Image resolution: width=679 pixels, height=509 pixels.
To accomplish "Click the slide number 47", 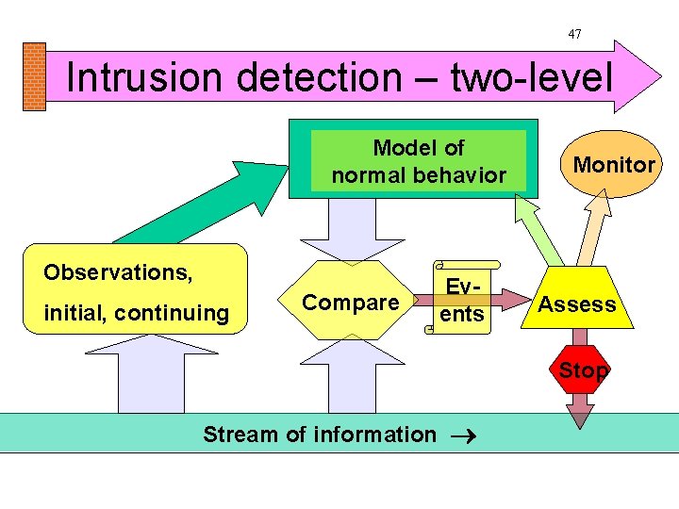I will [574, 34].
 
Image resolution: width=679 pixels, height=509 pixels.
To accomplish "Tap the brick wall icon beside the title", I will [33, 76].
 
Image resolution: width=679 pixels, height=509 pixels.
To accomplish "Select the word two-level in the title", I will [532, 77].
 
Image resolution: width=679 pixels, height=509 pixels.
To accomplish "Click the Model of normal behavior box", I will [419, 161].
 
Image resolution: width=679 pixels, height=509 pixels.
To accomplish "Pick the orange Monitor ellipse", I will [614, 165].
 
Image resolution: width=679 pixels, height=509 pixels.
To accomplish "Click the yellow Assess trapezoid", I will [577, 304].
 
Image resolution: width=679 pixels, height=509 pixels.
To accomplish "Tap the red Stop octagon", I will [583, 370].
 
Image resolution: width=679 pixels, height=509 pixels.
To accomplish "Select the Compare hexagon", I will [351, 303].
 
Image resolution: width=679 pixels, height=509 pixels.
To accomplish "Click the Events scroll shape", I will [462, 300].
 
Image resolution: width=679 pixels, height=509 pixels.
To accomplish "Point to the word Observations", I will [118, 272].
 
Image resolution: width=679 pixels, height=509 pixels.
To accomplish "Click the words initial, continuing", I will [136, 313].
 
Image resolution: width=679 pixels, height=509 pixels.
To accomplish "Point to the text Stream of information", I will [320, 435].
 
